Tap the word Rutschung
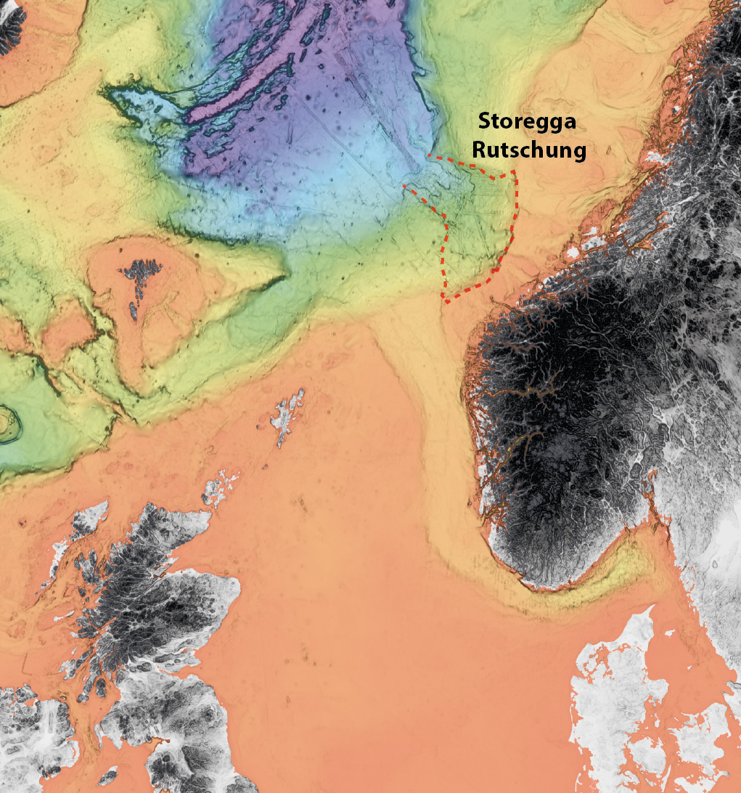(528, 150)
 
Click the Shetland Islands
(288, 418)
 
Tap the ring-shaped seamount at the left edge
(9, 424)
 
